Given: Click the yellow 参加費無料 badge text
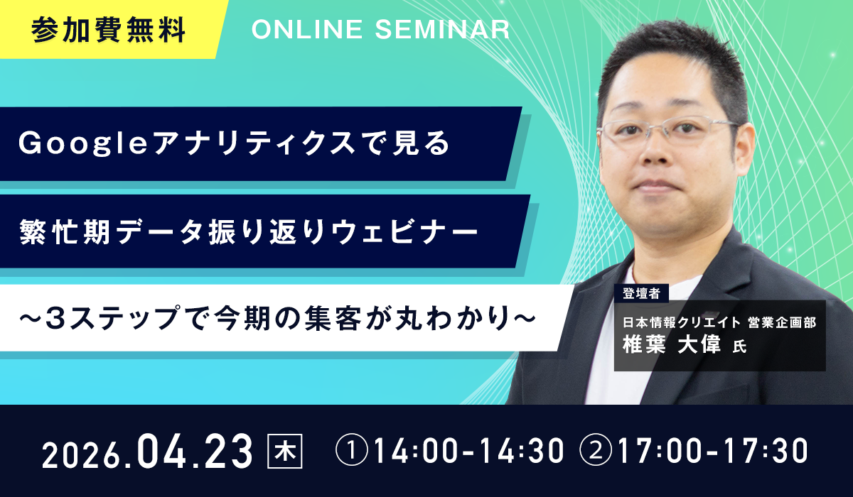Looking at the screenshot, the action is (x=108, y=30).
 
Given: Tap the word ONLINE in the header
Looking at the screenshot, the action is (x=307, y=29).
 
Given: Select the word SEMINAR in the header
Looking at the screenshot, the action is (x=442, y=29).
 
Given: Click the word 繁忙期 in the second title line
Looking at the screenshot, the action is (x=65, y=231).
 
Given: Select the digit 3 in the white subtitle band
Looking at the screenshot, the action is (x=55, y=318).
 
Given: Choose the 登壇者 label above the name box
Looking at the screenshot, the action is (x=641, y=293).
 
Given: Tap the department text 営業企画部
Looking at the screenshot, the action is (x=782, y=322).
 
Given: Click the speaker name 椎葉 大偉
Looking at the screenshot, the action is (x=672, y=345).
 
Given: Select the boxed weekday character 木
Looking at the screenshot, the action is (x=285, y=451).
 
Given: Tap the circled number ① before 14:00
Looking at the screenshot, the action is (x=352, y=450).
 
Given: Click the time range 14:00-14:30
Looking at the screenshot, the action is (x=468, y=451).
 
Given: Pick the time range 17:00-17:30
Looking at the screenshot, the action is (x=713, y=451).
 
